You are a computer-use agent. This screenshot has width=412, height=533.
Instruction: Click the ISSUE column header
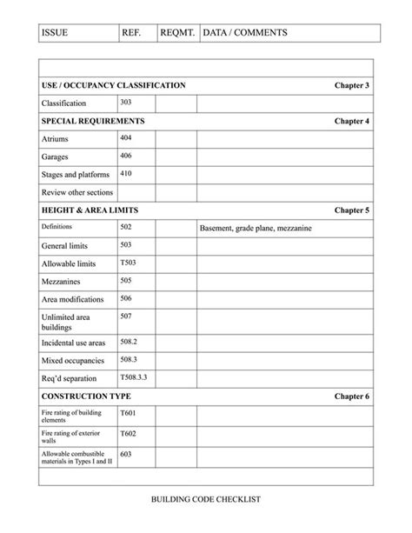click(x=55, y=33)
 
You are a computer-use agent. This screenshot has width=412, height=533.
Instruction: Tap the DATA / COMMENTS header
click(x=243, y=33)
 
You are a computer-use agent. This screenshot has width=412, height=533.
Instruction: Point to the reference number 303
click(x=126, y=103)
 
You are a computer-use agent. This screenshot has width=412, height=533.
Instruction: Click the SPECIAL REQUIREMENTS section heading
click(x=93, y=121)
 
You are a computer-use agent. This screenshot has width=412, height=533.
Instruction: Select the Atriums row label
click(x=55, y=139)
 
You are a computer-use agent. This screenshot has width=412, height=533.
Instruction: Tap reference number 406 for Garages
click(x=126, y=156)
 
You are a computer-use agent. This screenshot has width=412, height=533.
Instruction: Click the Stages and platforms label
click(x=76, y=175)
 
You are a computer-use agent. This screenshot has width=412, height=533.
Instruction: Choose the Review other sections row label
click(x=77, y=192)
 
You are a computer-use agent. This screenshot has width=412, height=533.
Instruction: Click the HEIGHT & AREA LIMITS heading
click(x=90, y=210)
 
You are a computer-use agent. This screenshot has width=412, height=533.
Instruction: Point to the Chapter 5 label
click(x=352, y=210)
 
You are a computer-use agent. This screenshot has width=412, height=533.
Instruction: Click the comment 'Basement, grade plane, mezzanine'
click(x=256, y=229)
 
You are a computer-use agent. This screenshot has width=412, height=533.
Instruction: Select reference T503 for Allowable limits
click(x=128, y=262)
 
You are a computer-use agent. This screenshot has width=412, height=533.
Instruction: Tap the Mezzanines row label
click(x=63, y=282)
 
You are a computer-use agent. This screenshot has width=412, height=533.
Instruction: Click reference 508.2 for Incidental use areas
click(x=129, y=342)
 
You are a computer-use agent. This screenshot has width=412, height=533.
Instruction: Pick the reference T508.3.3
click(x=134, y=378)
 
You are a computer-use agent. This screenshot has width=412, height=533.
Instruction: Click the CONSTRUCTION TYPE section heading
click(x=86, y=396)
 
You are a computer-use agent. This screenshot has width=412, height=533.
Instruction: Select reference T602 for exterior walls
click(x=128, y=433)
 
